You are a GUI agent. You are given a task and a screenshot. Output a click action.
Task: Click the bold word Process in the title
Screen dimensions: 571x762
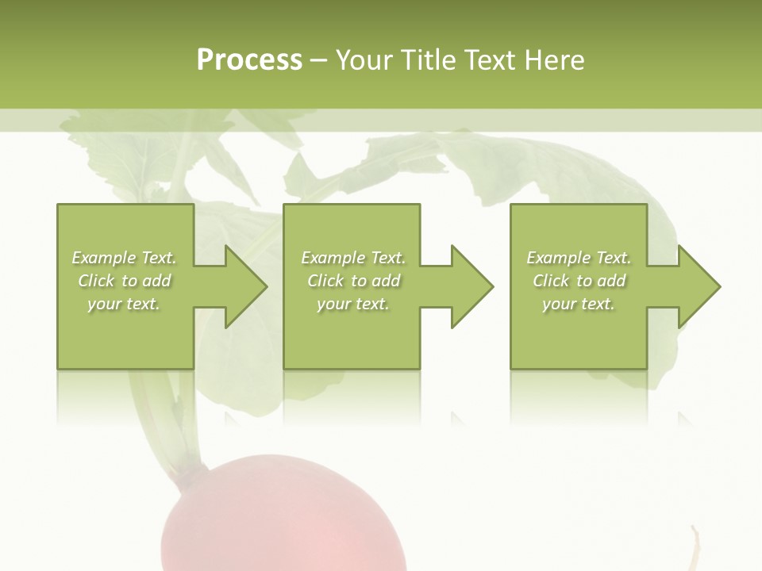click(249, 59)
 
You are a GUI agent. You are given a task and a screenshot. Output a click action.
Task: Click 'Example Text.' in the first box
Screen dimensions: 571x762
click(124, 258)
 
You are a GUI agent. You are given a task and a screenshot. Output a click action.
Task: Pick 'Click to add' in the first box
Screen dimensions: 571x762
click(124, 281)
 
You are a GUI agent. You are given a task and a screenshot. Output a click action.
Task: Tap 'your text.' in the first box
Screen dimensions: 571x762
click(124, 304)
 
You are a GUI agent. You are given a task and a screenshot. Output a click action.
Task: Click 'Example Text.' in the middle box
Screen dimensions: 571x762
click(352, 258)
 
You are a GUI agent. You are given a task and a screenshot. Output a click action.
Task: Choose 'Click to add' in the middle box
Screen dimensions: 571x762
click(352, 281)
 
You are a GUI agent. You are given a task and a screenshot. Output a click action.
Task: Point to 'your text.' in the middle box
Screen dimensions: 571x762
click(352, 304)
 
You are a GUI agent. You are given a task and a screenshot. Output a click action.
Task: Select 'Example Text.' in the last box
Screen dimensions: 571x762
click(579, 258)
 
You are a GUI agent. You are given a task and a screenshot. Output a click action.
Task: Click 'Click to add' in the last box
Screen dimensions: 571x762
click(579, 281)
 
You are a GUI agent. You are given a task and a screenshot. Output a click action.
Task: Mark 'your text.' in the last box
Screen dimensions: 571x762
click(579, 304)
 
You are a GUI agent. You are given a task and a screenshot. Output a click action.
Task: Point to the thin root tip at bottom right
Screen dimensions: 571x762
click(695, 547)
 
